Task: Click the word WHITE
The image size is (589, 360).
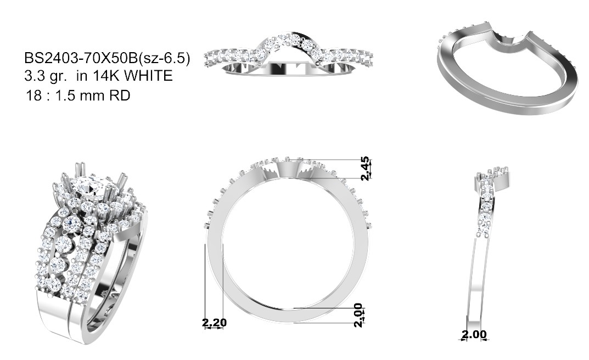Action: tap(148, 76)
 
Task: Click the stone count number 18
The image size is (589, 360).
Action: tap(33, 95)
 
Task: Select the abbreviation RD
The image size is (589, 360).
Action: tap(120, 95)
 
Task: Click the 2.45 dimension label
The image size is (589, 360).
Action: tap(364, 168)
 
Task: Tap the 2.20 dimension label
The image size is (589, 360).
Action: tap(215, 322)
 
